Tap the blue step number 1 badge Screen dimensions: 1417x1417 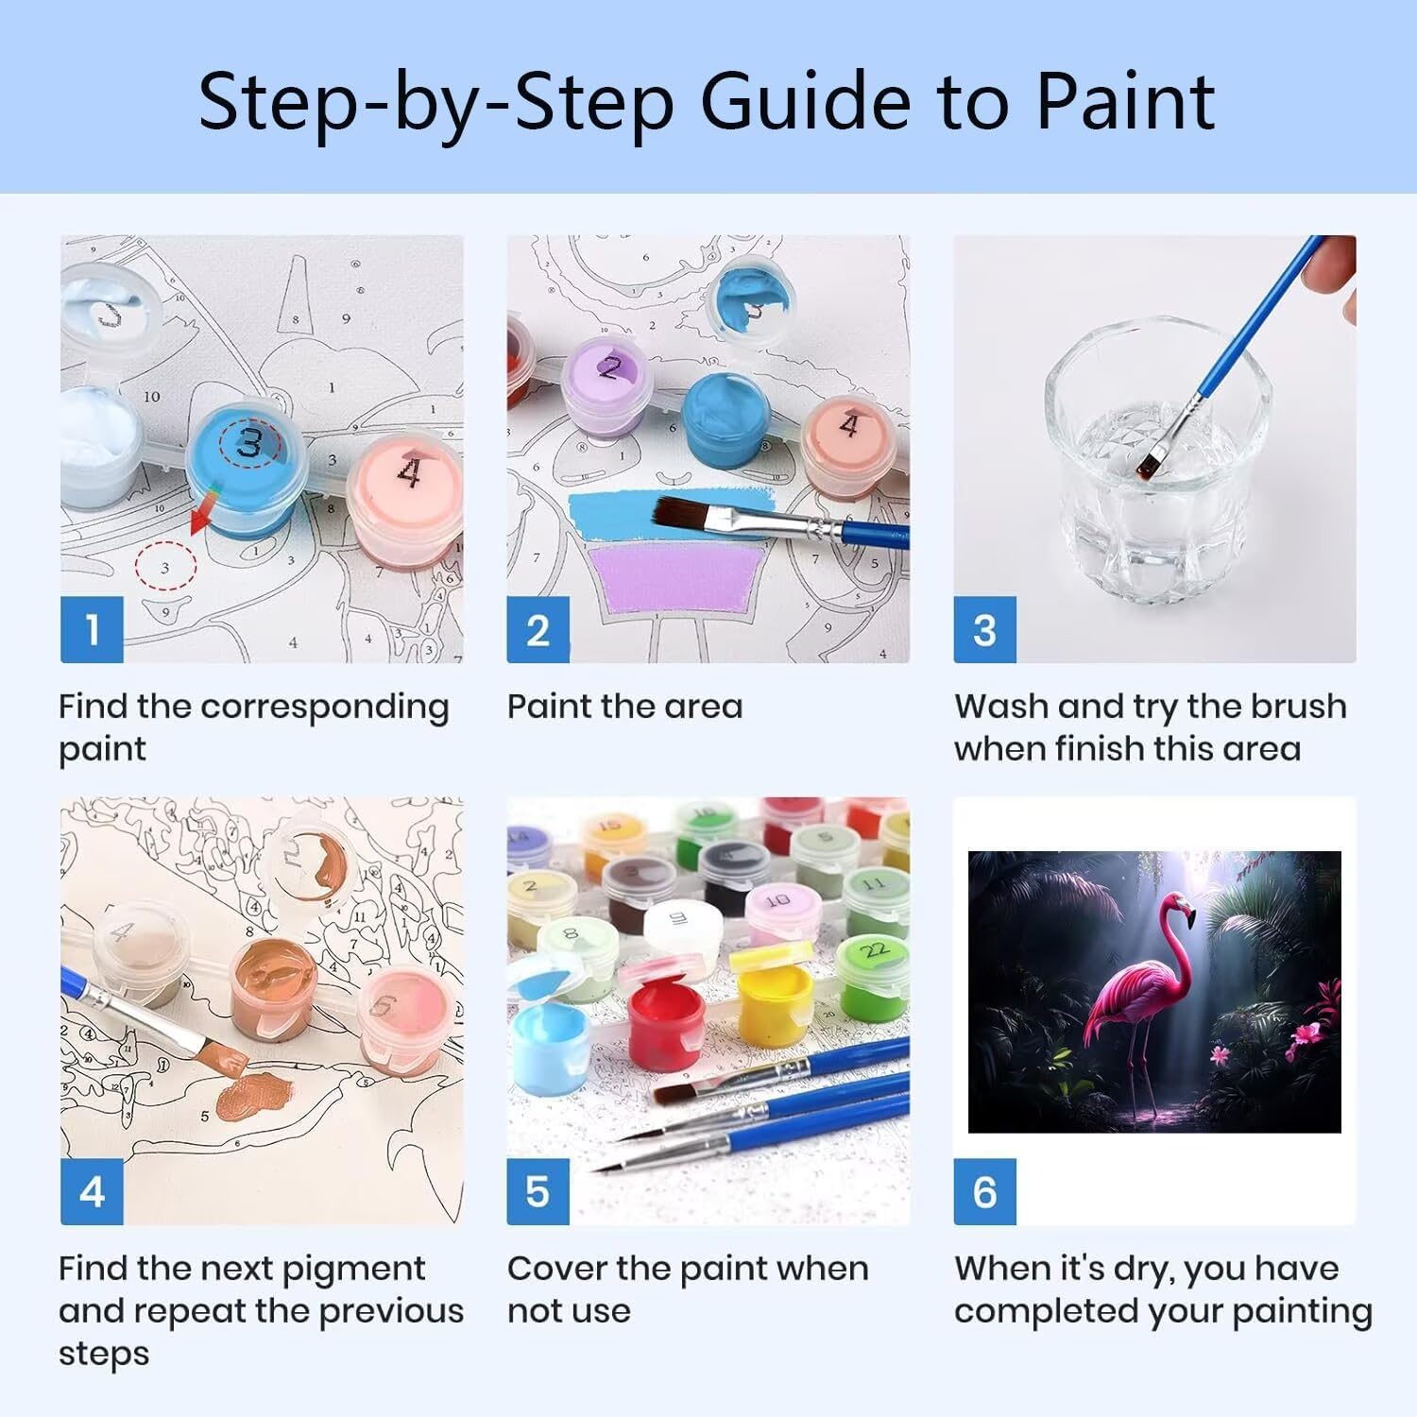[92, 629]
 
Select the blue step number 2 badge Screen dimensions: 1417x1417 [538, 629]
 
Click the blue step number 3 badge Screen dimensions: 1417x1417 [984, 629]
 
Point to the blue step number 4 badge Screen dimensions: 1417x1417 [92, 1191]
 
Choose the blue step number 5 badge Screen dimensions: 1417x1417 [538, 1191]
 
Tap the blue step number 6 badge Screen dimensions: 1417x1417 [984, 1191]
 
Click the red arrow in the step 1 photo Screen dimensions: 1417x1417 [203, 512]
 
